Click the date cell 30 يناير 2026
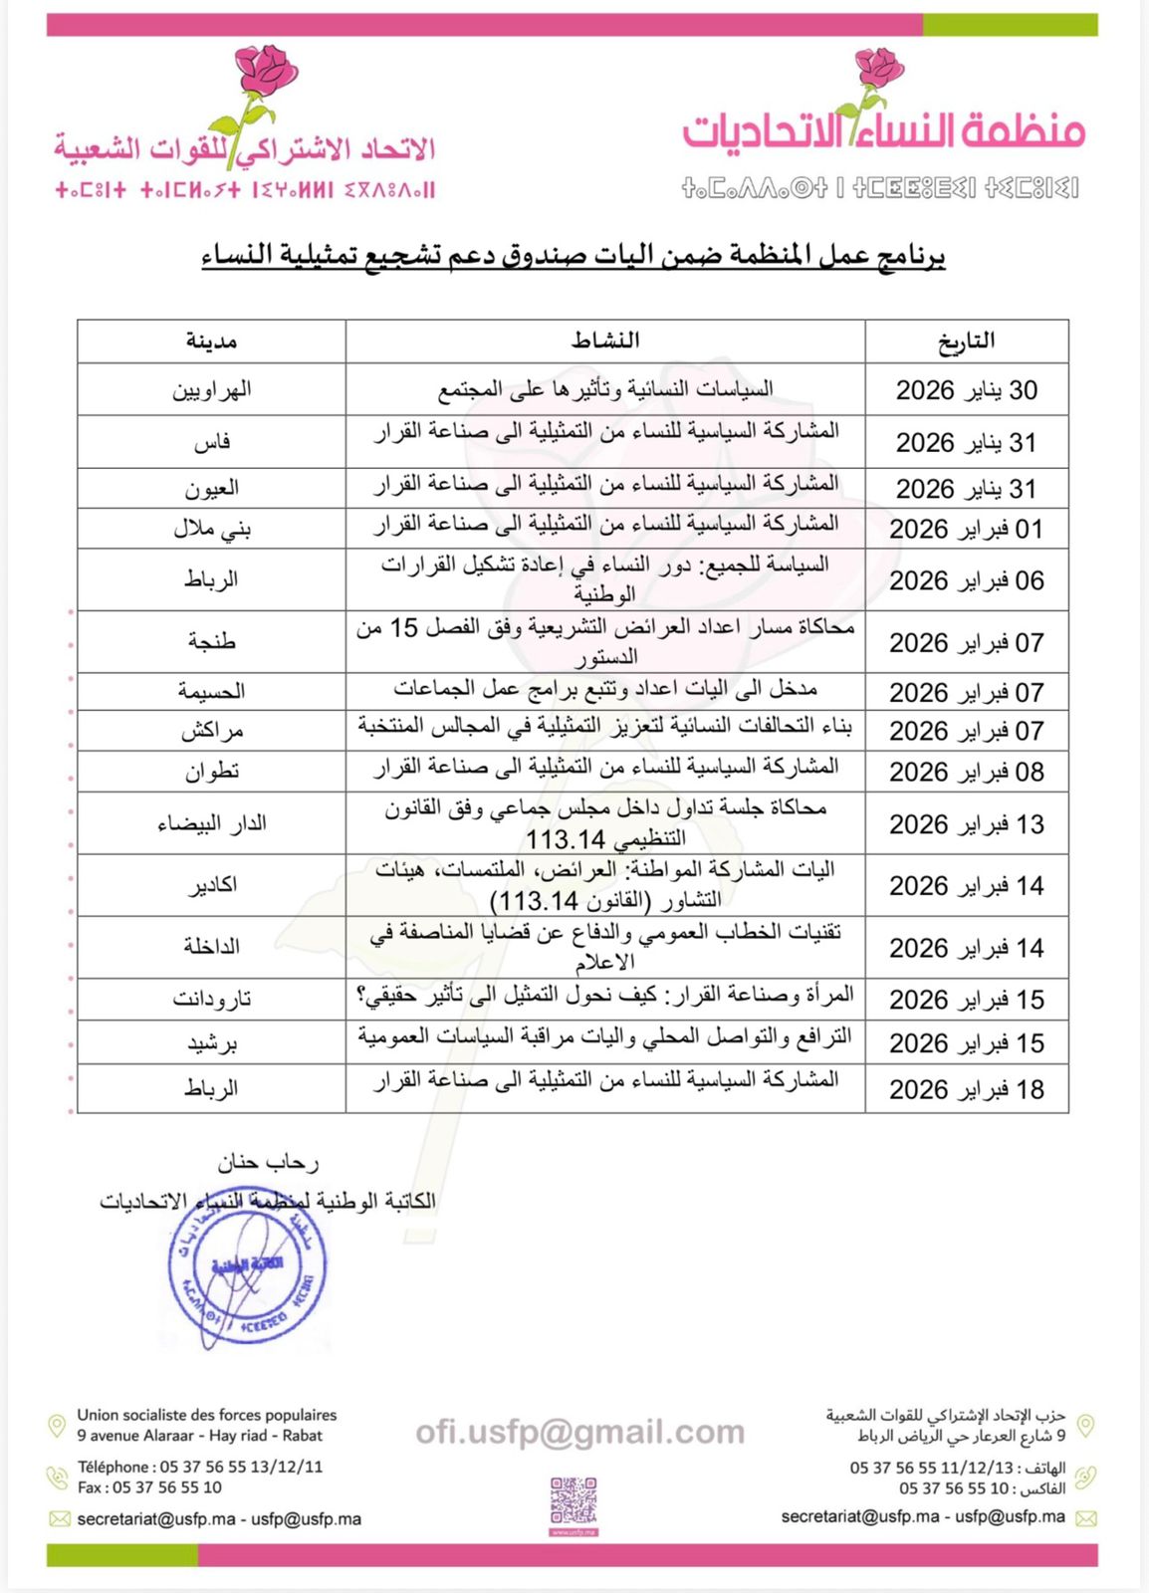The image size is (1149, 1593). coord(966,389)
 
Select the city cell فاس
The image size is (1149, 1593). coord(211,441)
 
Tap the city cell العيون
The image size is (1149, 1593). coord(211,488)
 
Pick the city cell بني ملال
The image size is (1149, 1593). coord(211,529)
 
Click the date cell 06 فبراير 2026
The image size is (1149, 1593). coord(966,579)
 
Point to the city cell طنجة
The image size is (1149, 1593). coord(211,641)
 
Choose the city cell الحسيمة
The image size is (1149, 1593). coord(211,691)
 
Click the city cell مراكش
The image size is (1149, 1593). coord(211,731)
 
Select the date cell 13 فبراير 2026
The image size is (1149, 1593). coord(966,823)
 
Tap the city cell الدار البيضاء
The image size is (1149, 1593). coord(211,823)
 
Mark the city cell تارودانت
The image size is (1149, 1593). coord(211,999)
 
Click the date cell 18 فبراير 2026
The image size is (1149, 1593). coord(966,1089)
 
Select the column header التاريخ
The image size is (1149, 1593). coord(966,341)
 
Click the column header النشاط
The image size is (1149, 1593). coord(605,341)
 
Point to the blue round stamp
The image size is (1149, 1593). coord(247,1269)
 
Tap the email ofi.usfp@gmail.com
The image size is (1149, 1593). coord(579,1432)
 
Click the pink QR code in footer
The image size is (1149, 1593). coord(574,1502)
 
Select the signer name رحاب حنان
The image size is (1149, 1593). coord(268,1162)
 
